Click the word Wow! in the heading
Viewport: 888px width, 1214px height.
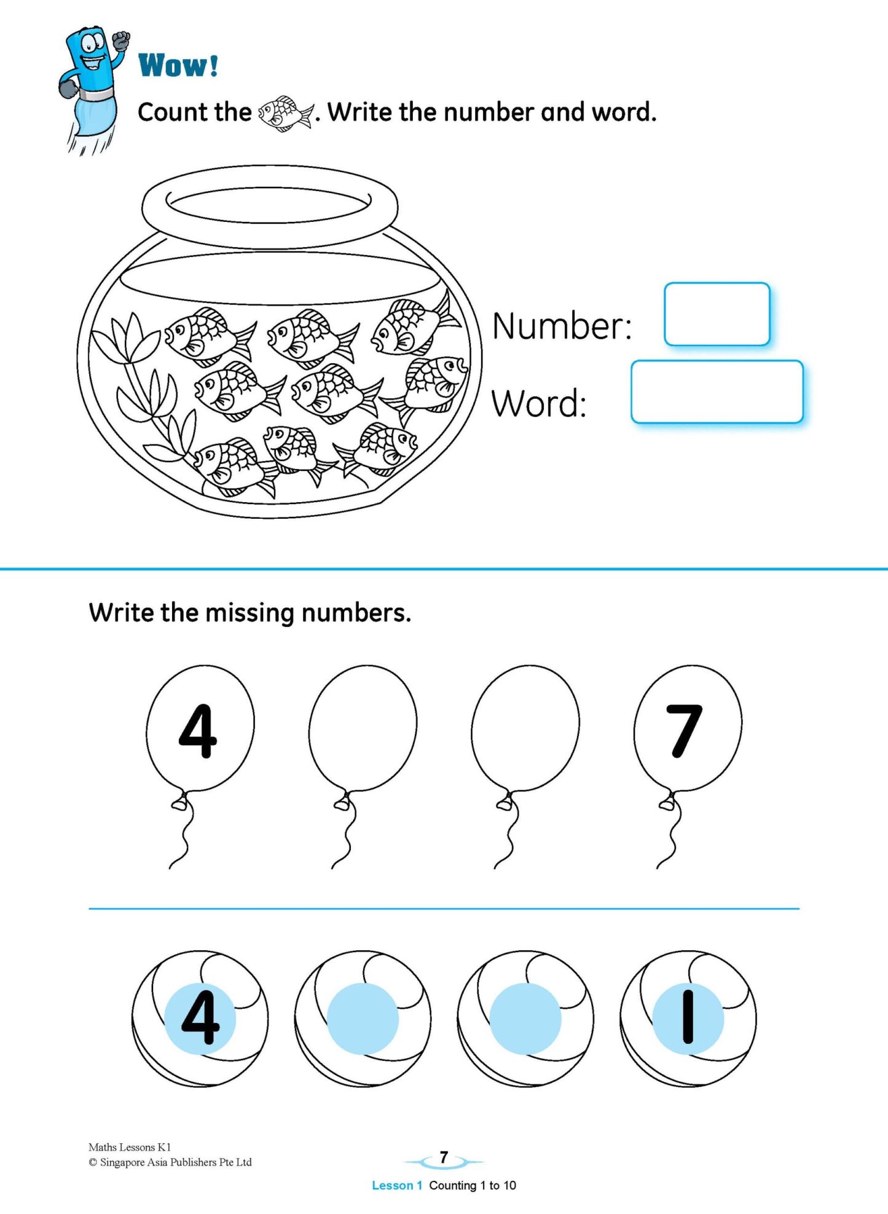coord(178,65)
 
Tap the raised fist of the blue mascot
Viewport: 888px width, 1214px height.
coord(121,41)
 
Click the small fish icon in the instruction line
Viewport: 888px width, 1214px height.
coord(285,113)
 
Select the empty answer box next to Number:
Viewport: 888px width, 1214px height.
coord(717,314)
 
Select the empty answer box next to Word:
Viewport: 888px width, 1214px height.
coord(717,392)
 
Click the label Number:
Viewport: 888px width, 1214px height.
coord(562,326)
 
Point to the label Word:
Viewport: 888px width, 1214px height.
coord(538,404)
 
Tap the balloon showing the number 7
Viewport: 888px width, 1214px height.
coord(687,728)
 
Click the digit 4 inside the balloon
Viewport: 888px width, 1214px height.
coord(198,731)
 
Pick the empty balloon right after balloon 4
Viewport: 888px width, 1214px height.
coord(363,728)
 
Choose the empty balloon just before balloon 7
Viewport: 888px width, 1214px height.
coord(525,728)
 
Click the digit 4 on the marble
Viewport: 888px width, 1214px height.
coord(200,1017)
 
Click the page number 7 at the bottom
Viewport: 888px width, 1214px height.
coord(444,1157)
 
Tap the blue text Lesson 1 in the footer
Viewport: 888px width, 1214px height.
coord(396,1185)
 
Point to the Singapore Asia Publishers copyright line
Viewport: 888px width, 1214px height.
coord(170,1162)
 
